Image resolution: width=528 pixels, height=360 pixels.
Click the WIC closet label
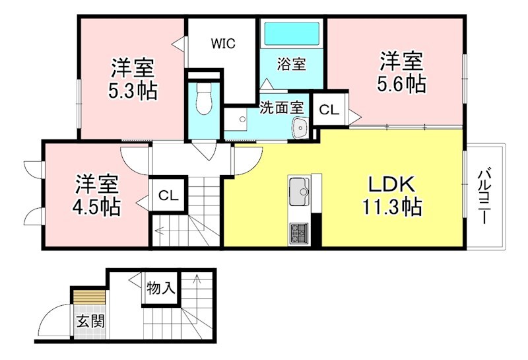click(223, 44)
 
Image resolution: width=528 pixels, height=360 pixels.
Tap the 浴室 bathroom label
click(291, 65)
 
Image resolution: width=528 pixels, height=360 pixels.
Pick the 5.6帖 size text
click(401, 84)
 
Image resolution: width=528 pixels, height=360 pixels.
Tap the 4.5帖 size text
click(96, 206)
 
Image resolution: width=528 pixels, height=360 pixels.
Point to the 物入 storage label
click(161, 289)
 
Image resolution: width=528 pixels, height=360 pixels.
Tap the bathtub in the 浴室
click(291, 32)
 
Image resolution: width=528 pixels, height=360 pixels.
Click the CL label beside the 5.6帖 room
click(329, 111)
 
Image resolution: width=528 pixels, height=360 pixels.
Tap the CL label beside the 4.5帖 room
click(168, 196)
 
